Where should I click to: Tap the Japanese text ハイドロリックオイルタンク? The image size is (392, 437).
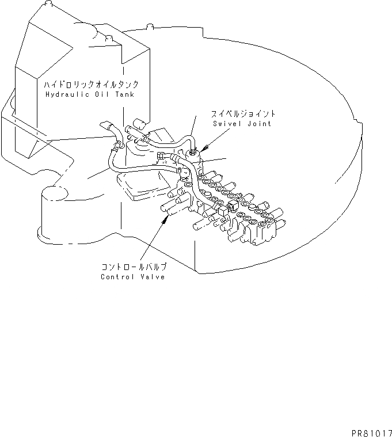click(88, 84)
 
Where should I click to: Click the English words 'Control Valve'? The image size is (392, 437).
click(132, 277)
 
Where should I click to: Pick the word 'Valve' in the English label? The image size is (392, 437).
click(151, 277)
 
